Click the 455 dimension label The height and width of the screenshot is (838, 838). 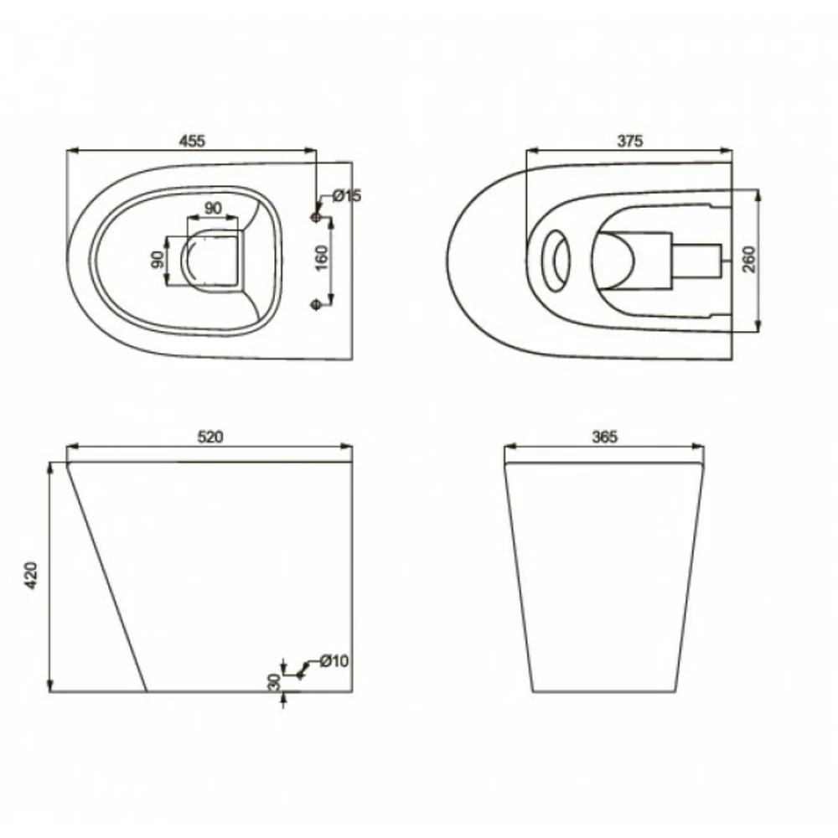tap(192, 141)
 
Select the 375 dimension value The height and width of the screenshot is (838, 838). tap(630, 141)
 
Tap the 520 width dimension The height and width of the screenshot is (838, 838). tap(210, 437)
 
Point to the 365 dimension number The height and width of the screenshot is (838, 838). tap(604, 437)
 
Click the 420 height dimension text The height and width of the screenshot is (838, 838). tap(32, 576)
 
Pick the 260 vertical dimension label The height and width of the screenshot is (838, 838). tap(749, 259)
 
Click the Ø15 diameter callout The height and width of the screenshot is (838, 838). tap(347, 196)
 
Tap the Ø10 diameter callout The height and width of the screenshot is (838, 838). tap(334, 661)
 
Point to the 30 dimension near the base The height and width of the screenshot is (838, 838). tap(274, 681)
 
